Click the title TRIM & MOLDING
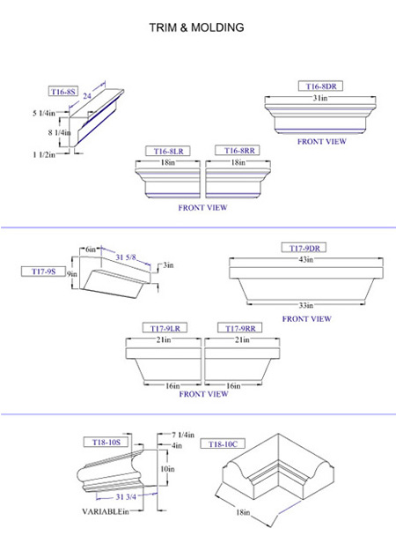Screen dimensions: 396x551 point(196,27)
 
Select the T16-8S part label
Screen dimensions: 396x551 point(63,92)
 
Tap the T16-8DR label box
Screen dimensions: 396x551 point(320,86)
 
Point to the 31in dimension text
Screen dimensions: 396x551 point(320,98)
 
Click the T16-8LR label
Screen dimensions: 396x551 point(168,151)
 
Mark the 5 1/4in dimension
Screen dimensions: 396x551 point(44,113)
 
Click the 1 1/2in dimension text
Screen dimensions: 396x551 point(44,154)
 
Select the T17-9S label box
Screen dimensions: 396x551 point(43,272)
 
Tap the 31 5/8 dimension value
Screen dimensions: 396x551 point(126,257)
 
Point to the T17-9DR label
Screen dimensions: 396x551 point(304,248)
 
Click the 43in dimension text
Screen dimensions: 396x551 point(305,260)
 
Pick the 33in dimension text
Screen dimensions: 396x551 point(306,305)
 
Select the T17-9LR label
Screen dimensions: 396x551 point(165,328)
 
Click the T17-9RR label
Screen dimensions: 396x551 point(240,328)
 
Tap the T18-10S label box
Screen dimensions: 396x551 point(106,442)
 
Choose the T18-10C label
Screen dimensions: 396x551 point(223,444)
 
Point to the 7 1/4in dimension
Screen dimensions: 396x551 point(183,435)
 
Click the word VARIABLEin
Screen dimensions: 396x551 point(106,511)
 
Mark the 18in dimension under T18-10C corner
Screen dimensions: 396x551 point(243,512)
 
